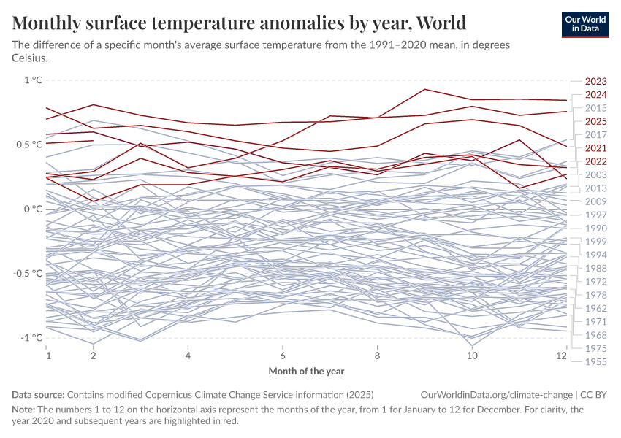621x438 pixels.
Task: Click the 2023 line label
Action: [596, 82]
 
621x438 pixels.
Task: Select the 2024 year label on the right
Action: [596, 95]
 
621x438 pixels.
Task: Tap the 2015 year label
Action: [596, 108]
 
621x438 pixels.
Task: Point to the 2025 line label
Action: [596, 121]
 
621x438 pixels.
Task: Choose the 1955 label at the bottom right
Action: [596, 361]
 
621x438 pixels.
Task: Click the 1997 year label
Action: [596, 215]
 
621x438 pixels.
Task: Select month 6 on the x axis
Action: [283, 356]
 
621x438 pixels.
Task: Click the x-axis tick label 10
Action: [472, 356]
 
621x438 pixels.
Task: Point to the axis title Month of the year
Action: [306, 371]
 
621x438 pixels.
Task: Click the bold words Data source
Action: [38, 394]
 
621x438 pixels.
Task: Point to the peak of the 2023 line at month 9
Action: [425, 89]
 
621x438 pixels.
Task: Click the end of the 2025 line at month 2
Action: [94, 140]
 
